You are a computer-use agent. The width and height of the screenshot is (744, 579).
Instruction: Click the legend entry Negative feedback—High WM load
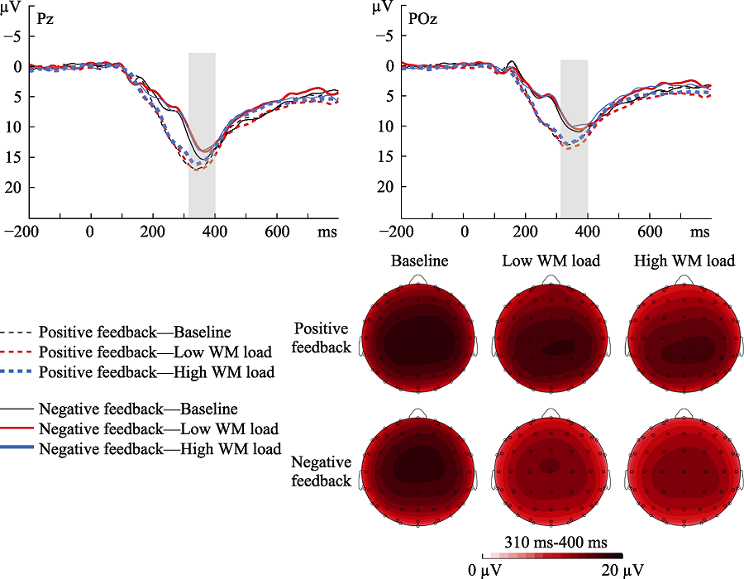click(x=160, y=450)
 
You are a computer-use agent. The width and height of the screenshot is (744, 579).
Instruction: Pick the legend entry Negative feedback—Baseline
click(x=138, y=409)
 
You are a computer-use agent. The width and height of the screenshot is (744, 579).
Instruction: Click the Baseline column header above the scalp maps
click(x=420, y=261)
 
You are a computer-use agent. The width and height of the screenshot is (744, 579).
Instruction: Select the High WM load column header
click(x=684, y=261)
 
